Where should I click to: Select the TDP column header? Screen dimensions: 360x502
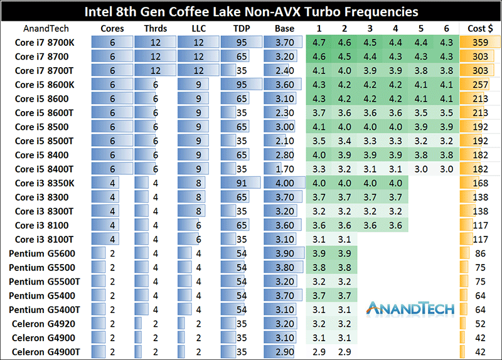coord(240,28)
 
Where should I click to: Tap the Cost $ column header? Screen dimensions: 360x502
coord(480,28)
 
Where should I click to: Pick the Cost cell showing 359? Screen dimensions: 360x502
coord(480,42)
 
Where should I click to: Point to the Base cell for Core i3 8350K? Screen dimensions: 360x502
coord(284,183)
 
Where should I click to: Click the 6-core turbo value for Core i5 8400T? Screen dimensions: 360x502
coord(446,169)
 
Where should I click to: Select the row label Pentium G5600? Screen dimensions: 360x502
coord(42,253)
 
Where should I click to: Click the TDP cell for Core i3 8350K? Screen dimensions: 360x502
coord(240,183)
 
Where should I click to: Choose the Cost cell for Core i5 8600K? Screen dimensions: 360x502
coord(480,85)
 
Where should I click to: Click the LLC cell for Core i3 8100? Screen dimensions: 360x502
coord(198,225)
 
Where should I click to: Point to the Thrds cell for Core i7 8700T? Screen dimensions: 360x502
coord(155,70)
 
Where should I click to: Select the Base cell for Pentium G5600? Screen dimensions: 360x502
coord(284,253)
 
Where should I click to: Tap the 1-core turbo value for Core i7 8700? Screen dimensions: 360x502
coord(319,56)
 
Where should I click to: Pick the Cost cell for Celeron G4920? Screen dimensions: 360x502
coord(480,324)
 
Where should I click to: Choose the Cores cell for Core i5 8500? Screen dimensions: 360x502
coord(112,127)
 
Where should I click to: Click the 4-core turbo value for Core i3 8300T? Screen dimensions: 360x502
coord(395,211)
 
